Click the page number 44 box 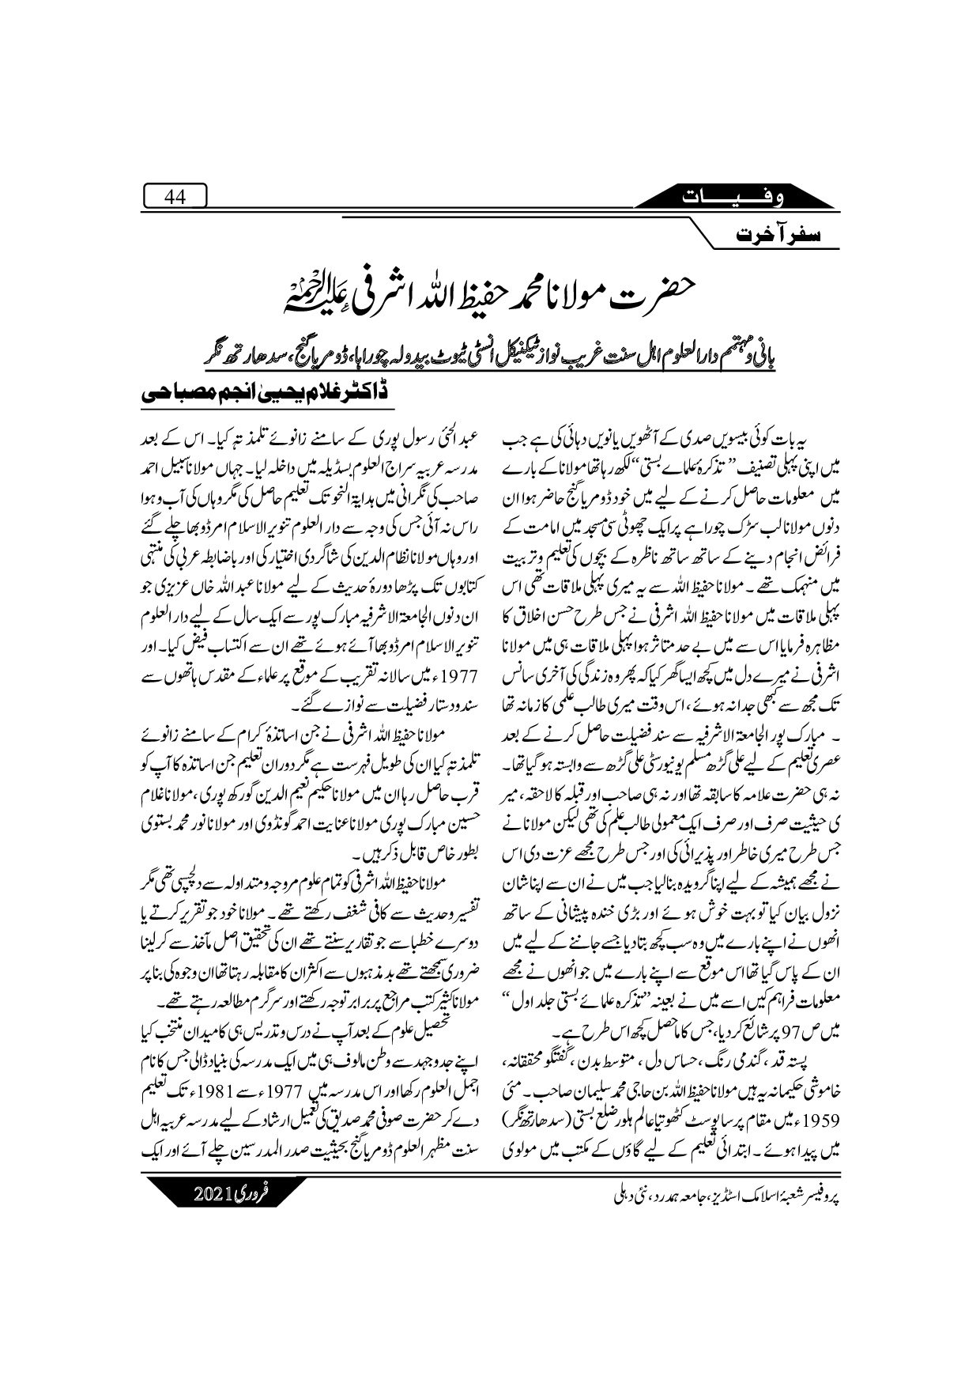[x=175, y=198]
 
